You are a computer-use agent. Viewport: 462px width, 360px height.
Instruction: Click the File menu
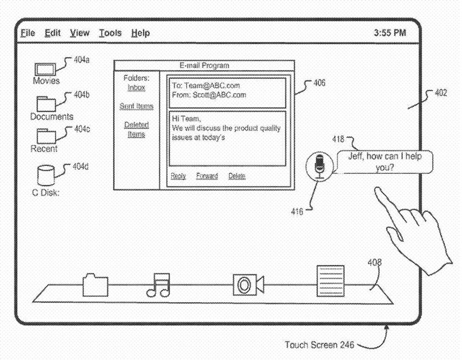[27, 33]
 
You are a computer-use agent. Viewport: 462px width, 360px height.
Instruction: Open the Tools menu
[110, 33]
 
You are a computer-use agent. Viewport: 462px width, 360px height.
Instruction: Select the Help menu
[141, 33]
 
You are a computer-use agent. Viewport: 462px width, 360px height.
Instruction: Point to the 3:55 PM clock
[390, 33]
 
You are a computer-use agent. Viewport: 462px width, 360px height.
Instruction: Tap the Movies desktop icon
[46, 69]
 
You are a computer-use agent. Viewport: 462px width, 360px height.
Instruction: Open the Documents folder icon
[48, 103]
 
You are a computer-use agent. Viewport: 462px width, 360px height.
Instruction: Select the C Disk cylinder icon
[46, 176]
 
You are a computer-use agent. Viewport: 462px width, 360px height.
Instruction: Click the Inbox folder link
[137, 88]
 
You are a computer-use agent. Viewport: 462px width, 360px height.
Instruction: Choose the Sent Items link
[137, 107]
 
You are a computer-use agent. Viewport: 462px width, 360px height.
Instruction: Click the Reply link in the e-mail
[179, 176]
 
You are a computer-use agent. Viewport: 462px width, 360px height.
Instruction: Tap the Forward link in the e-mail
[207, 176]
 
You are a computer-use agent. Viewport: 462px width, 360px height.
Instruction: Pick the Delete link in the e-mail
[237, 176]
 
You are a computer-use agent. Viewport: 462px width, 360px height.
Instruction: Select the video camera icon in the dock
[246, 285]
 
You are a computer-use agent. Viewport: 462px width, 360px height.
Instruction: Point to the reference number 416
[297, 212]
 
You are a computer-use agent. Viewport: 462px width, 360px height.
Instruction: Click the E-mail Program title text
[205, 65]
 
